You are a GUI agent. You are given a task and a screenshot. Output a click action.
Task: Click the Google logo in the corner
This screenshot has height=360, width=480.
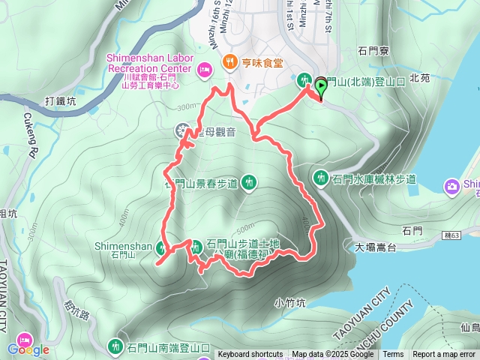coord(28,349)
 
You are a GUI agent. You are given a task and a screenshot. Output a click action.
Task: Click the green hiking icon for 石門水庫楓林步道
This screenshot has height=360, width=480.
coord(322,178)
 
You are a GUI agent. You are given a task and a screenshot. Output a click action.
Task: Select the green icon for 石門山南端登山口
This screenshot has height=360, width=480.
coord(115,346)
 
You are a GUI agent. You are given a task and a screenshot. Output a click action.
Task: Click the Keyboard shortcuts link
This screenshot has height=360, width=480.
coord(250,355)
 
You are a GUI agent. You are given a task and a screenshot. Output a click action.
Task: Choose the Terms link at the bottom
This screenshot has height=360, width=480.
coord(393,355)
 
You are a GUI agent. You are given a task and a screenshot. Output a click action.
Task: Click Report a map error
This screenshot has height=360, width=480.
coord(444,355)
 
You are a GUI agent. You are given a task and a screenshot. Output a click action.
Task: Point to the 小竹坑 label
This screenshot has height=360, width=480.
coord(289,303)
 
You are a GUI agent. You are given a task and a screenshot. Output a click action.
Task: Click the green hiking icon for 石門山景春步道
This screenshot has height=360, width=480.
coord(249,181)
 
